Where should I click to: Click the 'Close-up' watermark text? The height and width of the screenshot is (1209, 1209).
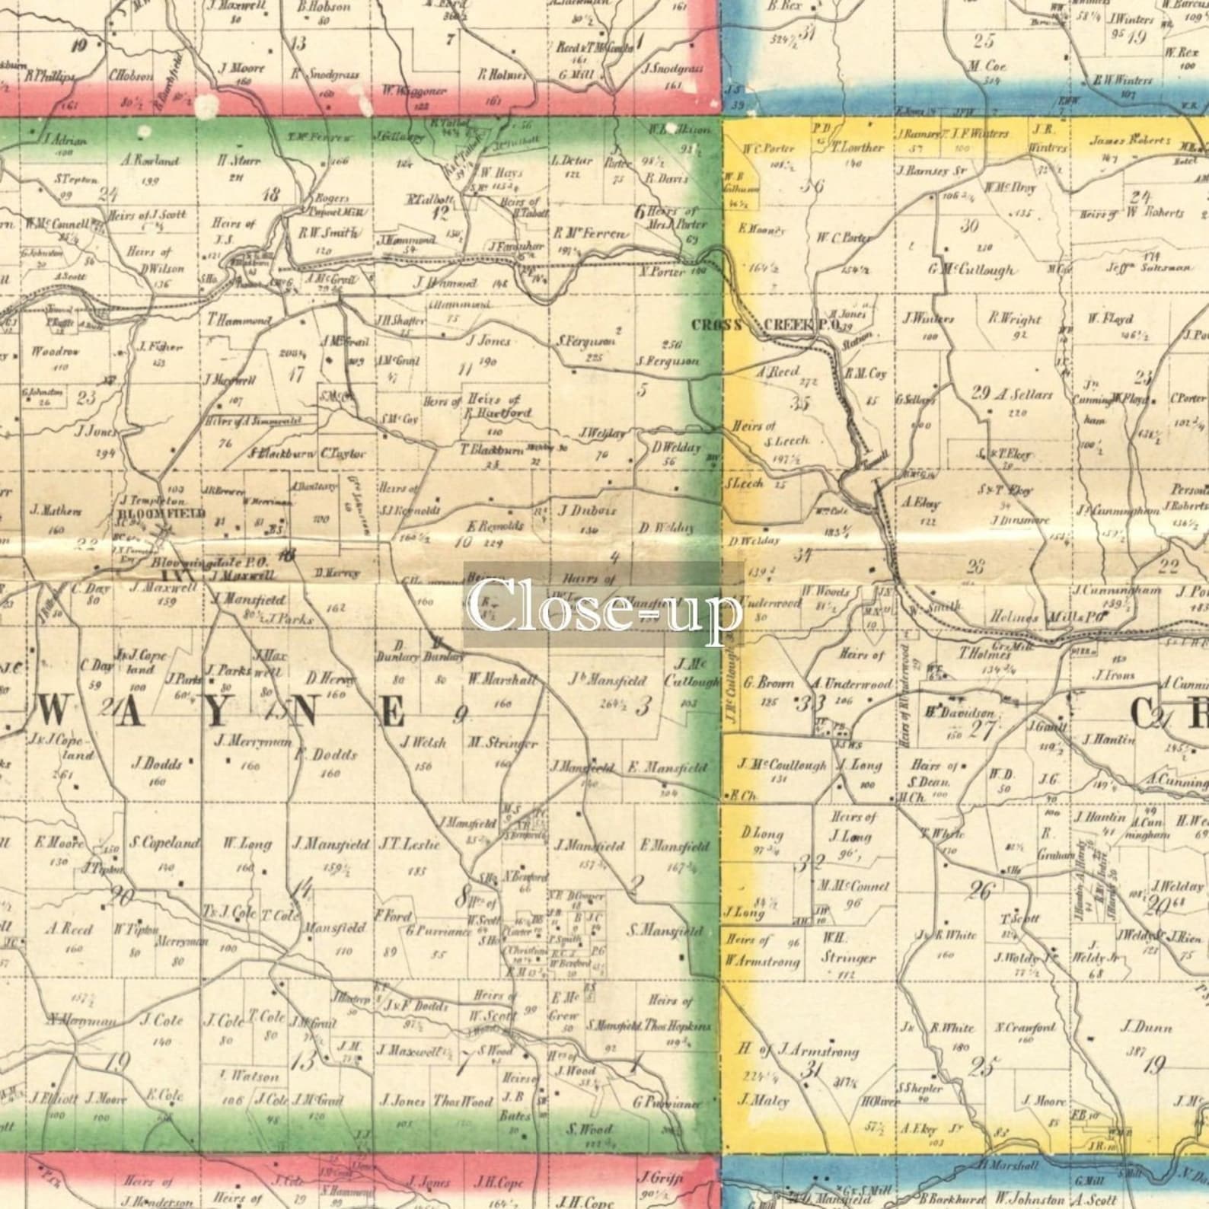(x=604, y=605)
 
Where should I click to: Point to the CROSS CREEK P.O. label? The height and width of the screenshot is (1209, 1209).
(x=765, y=325)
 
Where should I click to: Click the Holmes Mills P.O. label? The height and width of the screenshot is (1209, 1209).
(x=1047, y=618)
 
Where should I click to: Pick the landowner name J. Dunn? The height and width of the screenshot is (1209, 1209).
(x=1146, y=1027)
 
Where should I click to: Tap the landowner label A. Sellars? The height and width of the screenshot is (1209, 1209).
(x=1023, y=394)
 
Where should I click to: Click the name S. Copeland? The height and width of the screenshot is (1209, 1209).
(x=164, y=844)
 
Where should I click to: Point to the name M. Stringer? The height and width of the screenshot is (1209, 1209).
(x=503, y=743)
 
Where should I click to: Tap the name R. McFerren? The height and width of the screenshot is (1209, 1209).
(x=591, y=234)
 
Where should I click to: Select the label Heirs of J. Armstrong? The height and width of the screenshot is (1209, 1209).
(x=797, y=1051)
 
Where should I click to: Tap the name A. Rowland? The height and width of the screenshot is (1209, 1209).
(x=150, y=161)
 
